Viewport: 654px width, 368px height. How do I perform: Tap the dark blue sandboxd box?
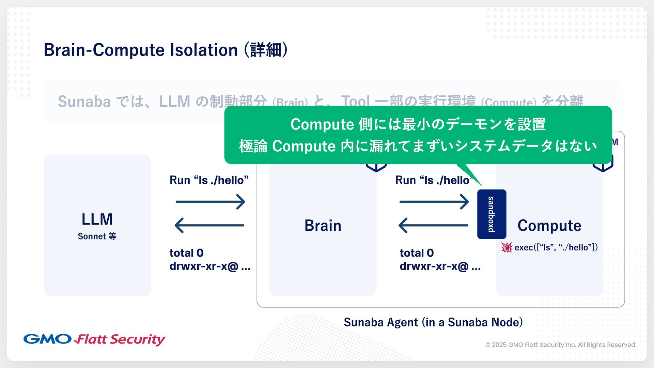[x=492, y=214]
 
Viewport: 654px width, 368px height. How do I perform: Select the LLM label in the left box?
[x=97, y=219]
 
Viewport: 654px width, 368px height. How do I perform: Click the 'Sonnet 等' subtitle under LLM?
[x=97, y=236]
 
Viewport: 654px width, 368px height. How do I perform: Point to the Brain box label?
[x=323, y=226]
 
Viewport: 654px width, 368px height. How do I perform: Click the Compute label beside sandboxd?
[x=549, y=226]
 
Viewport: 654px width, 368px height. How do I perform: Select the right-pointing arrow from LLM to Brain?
[x=210, y=202]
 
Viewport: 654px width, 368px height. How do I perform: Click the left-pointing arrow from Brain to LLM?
[x=209, y=225]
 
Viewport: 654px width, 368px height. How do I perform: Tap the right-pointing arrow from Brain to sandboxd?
[x=434, y=202]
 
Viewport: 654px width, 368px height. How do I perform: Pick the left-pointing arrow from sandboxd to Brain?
[x=433, y=225]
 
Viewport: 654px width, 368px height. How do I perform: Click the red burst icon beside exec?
[x=507, y=247]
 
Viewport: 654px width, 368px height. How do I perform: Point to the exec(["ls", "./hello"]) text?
[x=556, y=247]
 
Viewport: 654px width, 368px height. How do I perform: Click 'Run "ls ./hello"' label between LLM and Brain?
[x=209, y=180]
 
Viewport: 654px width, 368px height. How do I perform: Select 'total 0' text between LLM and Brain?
[x=186, y=253]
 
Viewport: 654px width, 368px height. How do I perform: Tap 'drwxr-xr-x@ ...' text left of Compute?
[x=440, y=266]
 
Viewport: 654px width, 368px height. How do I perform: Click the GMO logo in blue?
[x=47, y=339]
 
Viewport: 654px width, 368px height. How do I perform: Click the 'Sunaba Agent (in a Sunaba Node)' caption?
[x=433, y=322]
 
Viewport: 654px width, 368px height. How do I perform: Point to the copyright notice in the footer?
[x=561, y=345]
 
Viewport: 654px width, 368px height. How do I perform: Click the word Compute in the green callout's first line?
[x=322, y=124]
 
